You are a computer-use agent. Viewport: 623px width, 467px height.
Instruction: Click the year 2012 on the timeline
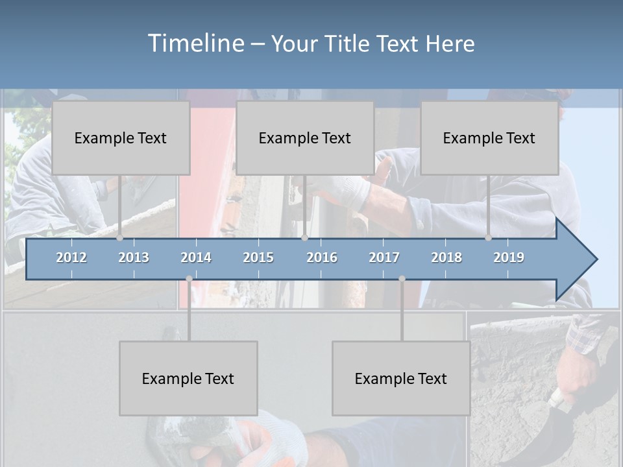pos(71,257)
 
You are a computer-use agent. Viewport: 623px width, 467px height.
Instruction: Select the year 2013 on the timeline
pos(134,257)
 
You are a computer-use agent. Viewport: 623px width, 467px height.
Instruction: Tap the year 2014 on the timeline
pos(196,257)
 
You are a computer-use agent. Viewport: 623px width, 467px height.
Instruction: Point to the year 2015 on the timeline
pos(258,257)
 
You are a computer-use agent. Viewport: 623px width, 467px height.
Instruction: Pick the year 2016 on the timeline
pos(322,257)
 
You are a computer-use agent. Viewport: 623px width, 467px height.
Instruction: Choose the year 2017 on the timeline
pos(384,257)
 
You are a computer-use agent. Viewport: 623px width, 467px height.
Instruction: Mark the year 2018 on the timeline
pos(446,257)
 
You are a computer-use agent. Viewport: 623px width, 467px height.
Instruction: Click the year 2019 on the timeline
pos(509,257)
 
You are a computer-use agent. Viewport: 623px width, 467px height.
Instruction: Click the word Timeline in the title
pos(195,43)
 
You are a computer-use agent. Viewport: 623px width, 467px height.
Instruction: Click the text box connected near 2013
pos(121,138)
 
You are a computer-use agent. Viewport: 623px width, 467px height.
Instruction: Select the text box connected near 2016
pos(305,138)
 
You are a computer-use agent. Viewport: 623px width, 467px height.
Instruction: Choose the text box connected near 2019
pos(489,138)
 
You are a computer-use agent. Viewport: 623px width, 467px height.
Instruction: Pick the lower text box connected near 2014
pos(188,378)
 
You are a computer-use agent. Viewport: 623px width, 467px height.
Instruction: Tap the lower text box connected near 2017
pos(401,378)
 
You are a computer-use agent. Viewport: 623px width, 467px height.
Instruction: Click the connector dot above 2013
pos(120,238)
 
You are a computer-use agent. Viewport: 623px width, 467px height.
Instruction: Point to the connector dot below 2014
pos(189,279)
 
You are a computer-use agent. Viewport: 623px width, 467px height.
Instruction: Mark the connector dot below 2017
pos(402,279)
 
